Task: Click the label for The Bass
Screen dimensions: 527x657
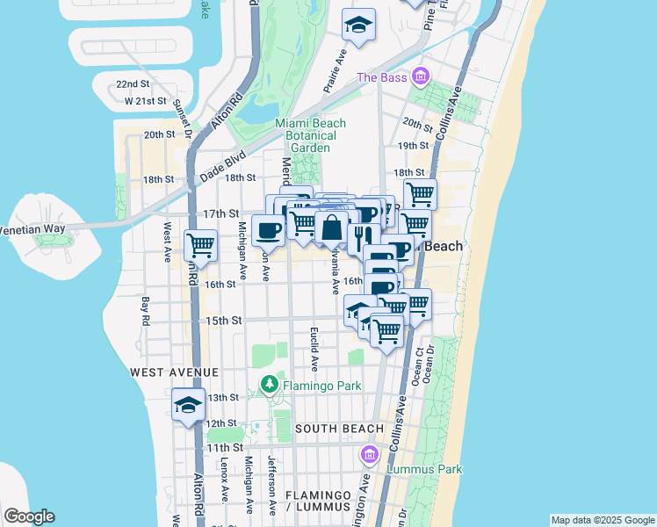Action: point(382,78)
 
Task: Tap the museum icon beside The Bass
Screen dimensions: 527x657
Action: point(420,77)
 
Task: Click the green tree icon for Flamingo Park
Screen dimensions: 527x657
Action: point(270,384)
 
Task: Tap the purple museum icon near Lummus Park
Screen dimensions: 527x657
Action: point(370,454)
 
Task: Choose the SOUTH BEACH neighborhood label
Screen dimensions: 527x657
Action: point(339,429)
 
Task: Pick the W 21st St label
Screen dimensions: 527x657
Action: point(146,101)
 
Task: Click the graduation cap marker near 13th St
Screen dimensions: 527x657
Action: point(188,405)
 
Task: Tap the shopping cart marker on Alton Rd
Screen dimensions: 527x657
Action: point(201,246)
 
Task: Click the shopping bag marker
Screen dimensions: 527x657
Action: point(331,227)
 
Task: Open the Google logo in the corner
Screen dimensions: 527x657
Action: point(29,516)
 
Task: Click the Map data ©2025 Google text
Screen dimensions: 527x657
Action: point(602,520)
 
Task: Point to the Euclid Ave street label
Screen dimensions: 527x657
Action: point(313,348)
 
